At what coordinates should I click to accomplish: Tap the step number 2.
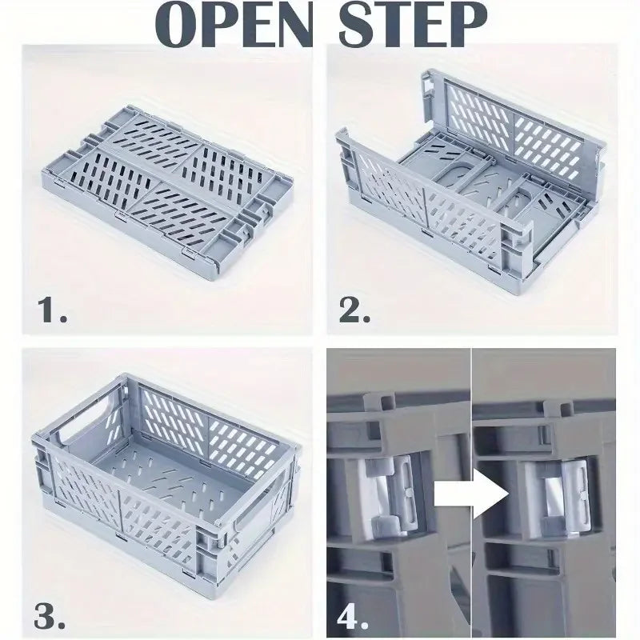click(355, 309)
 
